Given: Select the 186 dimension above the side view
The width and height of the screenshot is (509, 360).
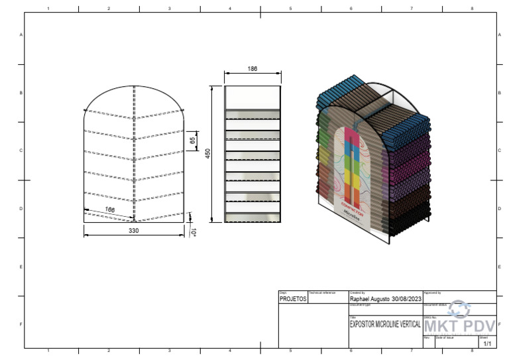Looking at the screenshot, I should (x=252, y=69).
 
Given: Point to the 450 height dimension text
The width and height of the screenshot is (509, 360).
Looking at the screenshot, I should (x=207, y=153).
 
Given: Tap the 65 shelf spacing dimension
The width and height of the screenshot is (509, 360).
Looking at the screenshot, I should (x=192, y=141).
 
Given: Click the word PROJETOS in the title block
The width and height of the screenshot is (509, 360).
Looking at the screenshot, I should (x=293, y=299).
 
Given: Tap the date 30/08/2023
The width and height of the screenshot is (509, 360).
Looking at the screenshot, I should (x=407, y=299).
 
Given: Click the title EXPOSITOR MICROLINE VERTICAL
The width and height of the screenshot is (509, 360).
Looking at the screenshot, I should (x=384, y=326).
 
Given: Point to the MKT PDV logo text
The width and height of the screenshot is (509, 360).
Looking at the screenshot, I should (x=459, y=327).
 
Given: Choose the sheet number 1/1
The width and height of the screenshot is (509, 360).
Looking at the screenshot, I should (x=487, y=344).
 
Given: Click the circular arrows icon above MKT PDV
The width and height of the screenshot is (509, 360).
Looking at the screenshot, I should (x=459, y=309).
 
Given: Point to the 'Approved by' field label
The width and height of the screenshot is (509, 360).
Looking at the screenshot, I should (x=432, y=292).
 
